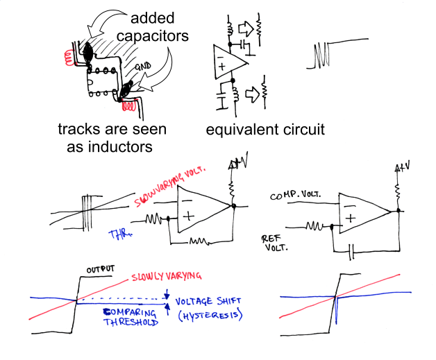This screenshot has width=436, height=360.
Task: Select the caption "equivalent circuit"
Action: [x=265, y=130]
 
